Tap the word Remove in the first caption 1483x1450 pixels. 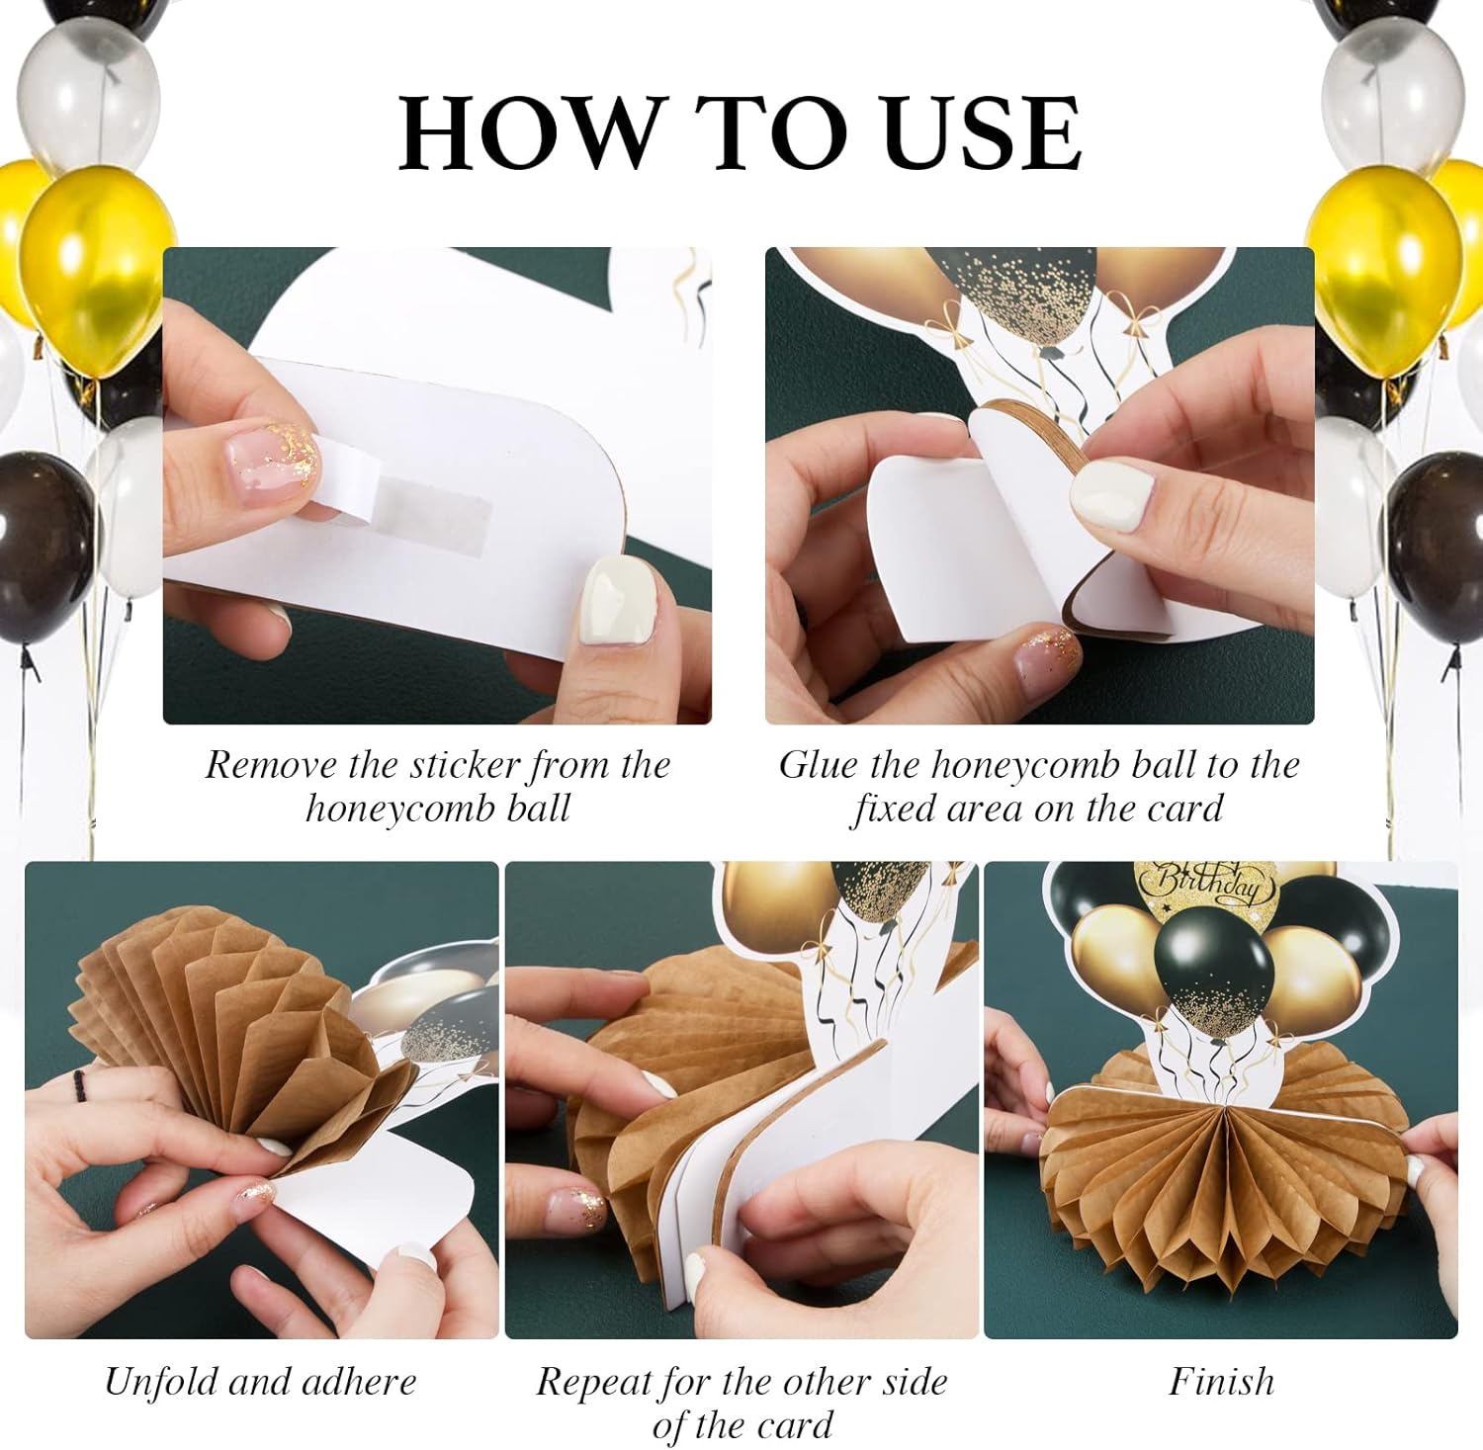(268, 764)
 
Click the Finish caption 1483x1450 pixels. (1222, 1381)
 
